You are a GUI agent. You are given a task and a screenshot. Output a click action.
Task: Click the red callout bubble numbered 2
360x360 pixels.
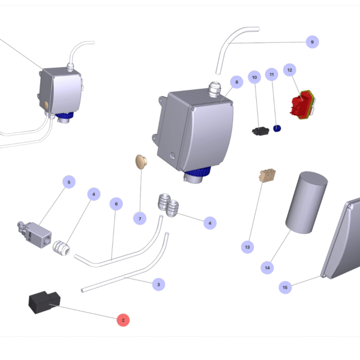(123, 320)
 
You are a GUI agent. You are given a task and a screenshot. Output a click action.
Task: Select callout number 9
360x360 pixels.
(312, 42)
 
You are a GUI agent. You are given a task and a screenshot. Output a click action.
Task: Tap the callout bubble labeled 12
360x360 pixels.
(290, 70)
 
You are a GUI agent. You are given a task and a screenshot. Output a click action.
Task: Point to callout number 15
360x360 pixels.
(285, 287)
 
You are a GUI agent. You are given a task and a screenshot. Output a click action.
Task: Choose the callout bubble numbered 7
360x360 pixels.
(140, 218)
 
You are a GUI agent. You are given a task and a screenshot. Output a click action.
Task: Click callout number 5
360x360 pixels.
(69, 182)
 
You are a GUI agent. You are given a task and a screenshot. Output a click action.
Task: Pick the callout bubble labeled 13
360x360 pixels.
(247, 247)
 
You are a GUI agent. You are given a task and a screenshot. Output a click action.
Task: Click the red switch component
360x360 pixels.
(302, 104)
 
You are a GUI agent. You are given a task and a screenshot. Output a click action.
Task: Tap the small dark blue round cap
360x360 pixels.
(277, 128)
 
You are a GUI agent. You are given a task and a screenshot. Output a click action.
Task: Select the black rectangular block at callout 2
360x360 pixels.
(44, 302)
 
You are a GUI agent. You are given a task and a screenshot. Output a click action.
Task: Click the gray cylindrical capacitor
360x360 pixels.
(307, 203)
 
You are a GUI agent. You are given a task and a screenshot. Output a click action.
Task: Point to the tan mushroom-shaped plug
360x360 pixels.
(141, 161)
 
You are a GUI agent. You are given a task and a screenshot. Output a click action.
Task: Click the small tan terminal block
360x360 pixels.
(268, 175)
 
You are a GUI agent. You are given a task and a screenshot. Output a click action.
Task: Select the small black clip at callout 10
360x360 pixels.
(260, 131)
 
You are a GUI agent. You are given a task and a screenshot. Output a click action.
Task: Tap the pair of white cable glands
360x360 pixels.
(168, 205)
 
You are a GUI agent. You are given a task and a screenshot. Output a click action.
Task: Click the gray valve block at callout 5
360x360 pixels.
(35, 235)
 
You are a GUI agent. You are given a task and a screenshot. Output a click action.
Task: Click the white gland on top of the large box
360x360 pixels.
(215, 89)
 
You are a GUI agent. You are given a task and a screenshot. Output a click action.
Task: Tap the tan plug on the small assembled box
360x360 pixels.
(46, 105)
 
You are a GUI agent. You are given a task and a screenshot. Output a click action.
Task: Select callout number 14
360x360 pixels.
(267, 268)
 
